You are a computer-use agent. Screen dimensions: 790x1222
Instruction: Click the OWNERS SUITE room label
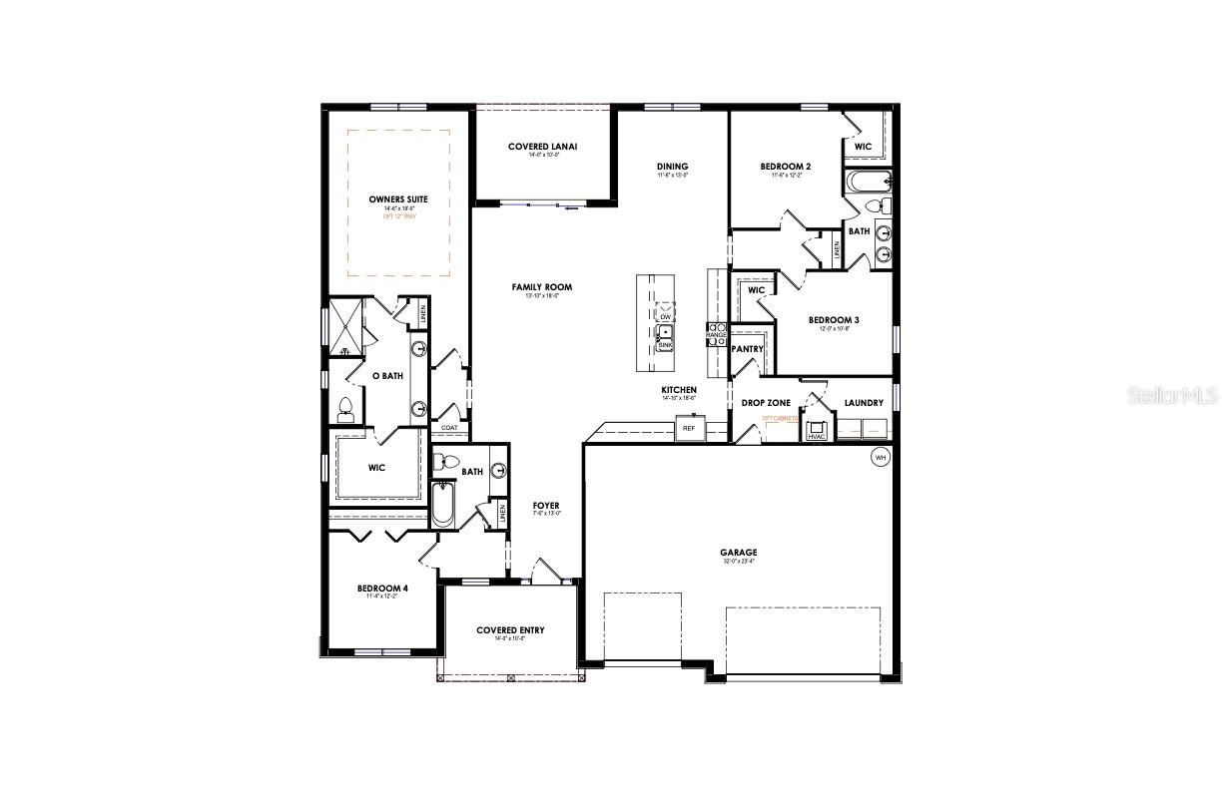tap(397, 199)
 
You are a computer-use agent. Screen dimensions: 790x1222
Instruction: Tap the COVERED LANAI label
tap(542, 147)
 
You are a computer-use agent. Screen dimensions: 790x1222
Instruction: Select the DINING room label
tap(672, 167)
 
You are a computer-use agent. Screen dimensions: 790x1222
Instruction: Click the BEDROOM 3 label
tap(834, 320)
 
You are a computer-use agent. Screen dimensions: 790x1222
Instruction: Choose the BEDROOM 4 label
tap(382, 589)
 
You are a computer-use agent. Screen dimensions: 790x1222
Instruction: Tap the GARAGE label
tap(739, 552)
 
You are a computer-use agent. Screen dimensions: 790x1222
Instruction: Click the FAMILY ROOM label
tap(542, 287)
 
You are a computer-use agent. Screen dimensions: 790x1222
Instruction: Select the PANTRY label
tap(748, 349)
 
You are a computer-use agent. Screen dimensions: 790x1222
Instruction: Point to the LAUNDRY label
tap(864, 403)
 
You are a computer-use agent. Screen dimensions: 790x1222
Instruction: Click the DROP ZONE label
tap(766, 403)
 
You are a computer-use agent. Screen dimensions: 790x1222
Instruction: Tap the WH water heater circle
tap(880, 457)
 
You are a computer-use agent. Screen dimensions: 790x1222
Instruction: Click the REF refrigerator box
tap(688, 428)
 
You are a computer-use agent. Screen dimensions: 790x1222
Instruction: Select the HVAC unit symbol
tap(817, 434)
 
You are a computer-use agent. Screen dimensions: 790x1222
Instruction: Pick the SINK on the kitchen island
tap(665, 343)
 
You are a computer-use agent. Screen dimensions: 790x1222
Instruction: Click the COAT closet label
tap(449, 428)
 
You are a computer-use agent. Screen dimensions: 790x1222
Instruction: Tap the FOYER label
tap(546, 506)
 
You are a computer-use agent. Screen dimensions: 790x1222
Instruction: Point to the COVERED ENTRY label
tap(510, 630)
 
